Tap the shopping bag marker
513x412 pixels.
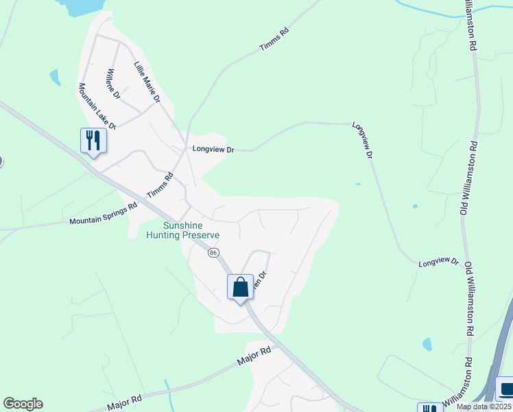(240, 286)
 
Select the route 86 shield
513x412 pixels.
(213, 253)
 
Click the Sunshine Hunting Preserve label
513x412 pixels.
(183, 230)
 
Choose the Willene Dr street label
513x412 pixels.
(113, 84)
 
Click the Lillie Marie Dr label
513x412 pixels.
(147, 82)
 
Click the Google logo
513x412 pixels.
(23, 404)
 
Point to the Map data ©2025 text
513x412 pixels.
(484, 407)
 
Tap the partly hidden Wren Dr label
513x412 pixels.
(259, 281)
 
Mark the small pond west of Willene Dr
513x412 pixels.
(54, 76)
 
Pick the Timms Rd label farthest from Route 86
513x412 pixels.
(275, 39)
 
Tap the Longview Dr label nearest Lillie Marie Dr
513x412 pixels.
(213, 148)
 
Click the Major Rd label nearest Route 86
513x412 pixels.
(254, 355)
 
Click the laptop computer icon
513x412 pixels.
(506, 389)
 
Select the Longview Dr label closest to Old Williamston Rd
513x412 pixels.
(438, 262)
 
